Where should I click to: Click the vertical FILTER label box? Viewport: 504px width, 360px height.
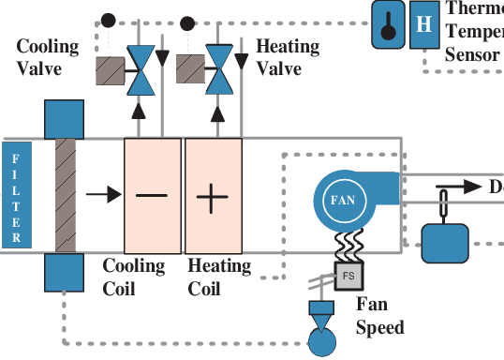[x=15, y=195]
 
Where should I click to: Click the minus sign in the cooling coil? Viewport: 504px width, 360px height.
[x=152, y=196]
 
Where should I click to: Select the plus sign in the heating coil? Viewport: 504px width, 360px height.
[x=213, y=197]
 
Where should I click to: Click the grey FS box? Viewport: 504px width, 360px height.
[x=348, y=277]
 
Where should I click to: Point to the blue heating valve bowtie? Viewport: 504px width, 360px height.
[x=221, y=68]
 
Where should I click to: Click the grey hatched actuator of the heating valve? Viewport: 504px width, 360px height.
[x=191, y=69]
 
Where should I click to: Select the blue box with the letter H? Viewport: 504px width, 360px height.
[x=423, y=22]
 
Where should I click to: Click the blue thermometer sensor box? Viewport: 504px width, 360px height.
[x=387, y=23]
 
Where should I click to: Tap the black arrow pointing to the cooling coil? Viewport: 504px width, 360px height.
[x=103, y=195]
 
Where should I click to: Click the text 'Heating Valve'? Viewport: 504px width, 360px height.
[x=287, y=57]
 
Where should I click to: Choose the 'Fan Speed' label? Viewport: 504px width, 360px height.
[x=380, y=316]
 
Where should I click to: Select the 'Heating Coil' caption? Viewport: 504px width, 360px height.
[x=219, y=277]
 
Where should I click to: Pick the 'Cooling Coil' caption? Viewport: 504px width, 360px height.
[x=133, y=277]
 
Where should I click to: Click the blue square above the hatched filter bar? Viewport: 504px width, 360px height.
[x=64, y=119]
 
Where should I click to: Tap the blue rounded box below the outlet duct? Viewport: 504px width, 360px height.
[x=449, y=243]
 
